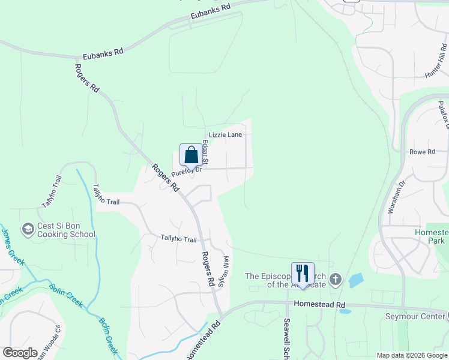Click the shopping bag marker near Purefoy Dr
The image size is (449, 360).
coord(191,155)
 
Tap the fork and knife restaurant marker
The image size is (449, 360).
coord(302,273)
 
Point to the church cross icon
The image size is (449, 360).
coord(336,279)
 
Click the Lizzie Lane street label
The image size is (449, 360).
coord(225,135)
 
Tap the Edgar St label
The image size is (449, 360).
coord(205,152)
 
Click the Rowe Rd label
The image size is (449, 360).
coord(422,152)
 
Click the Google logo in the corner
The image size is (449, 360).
coord(19,353)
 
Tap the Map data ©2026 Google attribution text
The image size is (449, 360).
coord(411,355)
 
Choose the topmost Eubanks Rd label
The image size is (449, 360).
coord(211,10)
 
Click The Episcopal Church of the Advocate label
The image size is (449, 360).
coord(286,280)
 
